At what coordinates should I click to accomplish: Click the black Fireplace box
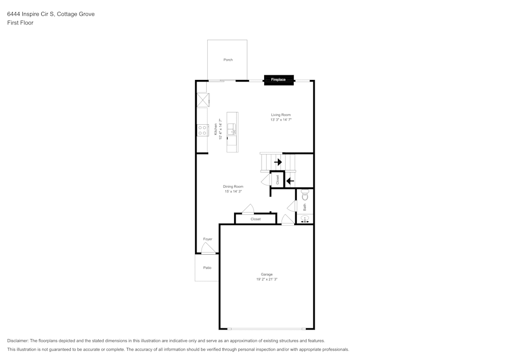(x=278, y=79)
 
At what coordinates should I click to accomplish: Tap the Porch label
(x=228, y=60)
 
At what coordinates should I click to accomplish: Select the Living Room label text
(x=281, y=115)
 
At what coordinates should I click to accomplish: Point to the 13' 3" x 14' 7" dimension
(x=281, y=120)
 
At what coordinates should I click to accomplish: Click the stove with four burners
(x=203, y=130)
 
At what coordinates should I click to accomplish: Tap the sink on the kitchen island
(x=232, y=128)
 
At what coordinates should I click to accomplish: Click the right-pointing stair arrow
(x=278, y=162)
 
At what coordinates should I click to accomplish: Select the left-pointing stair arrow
(x=290, y=180)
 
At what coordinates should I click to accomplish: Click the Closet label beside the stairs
(x=277, y=180)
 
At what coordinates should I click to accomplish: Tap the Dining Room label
(x=233, y=186)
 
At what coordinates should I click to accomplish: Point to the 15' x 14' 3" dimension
(x=233, y=191)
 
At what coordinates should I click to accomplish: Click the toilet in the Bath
(x=305, y=194)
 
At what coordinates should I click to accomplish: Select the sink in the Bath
(x=305, y=219)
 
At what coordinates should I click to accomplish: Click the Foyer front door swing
(x=208, y=249)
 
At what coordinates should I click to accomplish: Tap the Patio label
(x=207, y=267)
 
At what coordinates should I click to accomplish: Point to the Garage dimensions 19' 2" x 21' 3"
(x=267, y=279)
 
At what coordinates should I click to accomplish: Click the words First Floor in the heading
(x=20, y=23)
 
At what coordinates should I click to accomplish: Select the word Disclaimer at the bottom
(x=18, y=341)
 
